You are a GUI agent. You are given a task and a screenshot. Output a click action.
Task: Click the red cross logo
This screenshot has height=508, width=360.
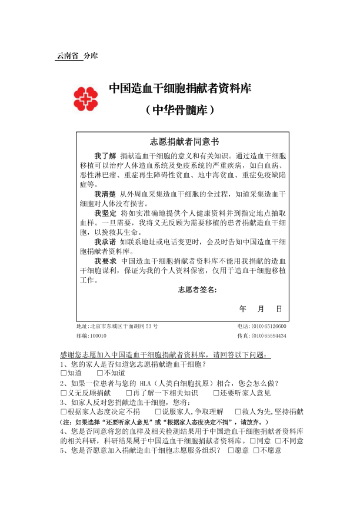(86, 98)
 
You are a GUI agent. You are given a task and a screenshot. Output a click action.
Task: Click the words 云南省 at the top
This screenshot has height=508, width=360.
(67, 56)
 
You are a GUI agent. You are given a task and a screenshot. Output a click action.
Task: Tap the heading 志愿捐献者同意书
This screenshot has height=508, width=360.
(184, 141)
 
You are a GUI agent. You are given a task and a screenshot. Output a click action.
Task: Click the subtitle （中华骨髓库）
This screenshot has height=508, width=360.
(179, 110)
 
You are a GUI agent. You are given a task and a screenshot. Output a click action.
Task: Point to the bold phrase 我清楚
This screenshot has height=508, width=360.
(105, 194)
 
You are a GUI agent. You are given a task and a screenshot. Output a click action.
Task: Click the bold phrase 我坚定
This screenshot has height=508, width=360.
(105, 213)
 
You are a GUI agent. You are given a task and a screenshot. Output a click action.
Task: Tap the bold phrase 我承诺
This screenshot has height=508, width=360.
(105, 241)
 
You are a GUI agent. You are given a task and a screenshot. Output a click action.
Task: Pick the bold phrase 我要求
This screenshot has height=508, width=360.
(105, 260)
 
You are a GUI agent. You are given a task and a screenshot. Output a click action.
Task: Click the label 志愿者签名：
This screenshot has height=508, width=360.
(198, 290)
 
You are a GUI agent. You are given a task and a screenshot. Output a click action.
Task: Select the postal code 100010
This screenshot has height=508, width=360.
(98, 336)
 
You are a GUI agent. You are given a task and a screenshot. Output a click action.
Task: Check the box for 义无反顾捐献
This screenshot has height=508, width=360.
(64, 393)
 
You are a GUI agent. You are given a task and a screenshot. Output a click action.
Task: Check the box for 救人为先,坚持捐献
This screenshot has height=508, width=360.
(238, 411)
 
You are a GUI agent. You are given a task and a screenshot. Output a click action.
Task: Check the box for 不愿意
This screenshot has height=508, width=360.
(256, 450)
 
